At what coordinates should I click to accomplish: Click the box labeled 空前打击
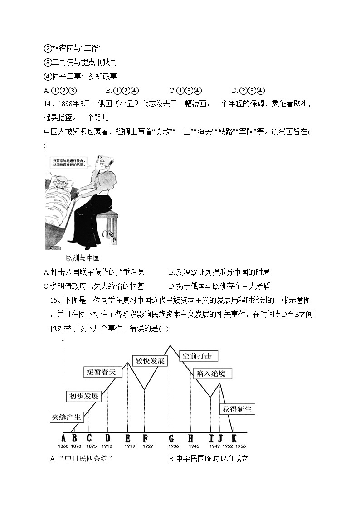(198, 356)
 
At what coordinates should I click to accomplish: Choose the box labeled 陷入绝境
(209, 374)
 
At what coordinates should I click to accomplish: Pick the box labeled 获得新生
(237, 409)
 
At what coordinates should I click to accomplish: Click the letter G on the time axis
(171, 438)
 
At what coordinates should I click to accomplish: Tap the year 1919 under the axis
(128, 446)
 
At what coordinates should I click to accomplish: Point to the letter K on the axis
(234, 438)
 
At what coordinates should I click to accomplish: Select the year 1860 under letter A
(63, 446)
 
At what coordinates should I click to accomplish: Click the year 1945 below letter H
(190, 446)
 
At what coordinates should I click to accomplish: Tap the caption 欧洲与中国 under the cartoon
(83, 258)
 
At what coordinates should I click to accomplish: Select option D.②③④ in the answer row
(248, 90)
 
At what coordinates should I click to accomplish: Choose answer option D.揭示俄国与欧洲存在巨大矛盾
(219, 286)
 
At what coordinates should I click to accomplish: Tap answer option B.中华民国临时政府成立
(209, 459)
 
